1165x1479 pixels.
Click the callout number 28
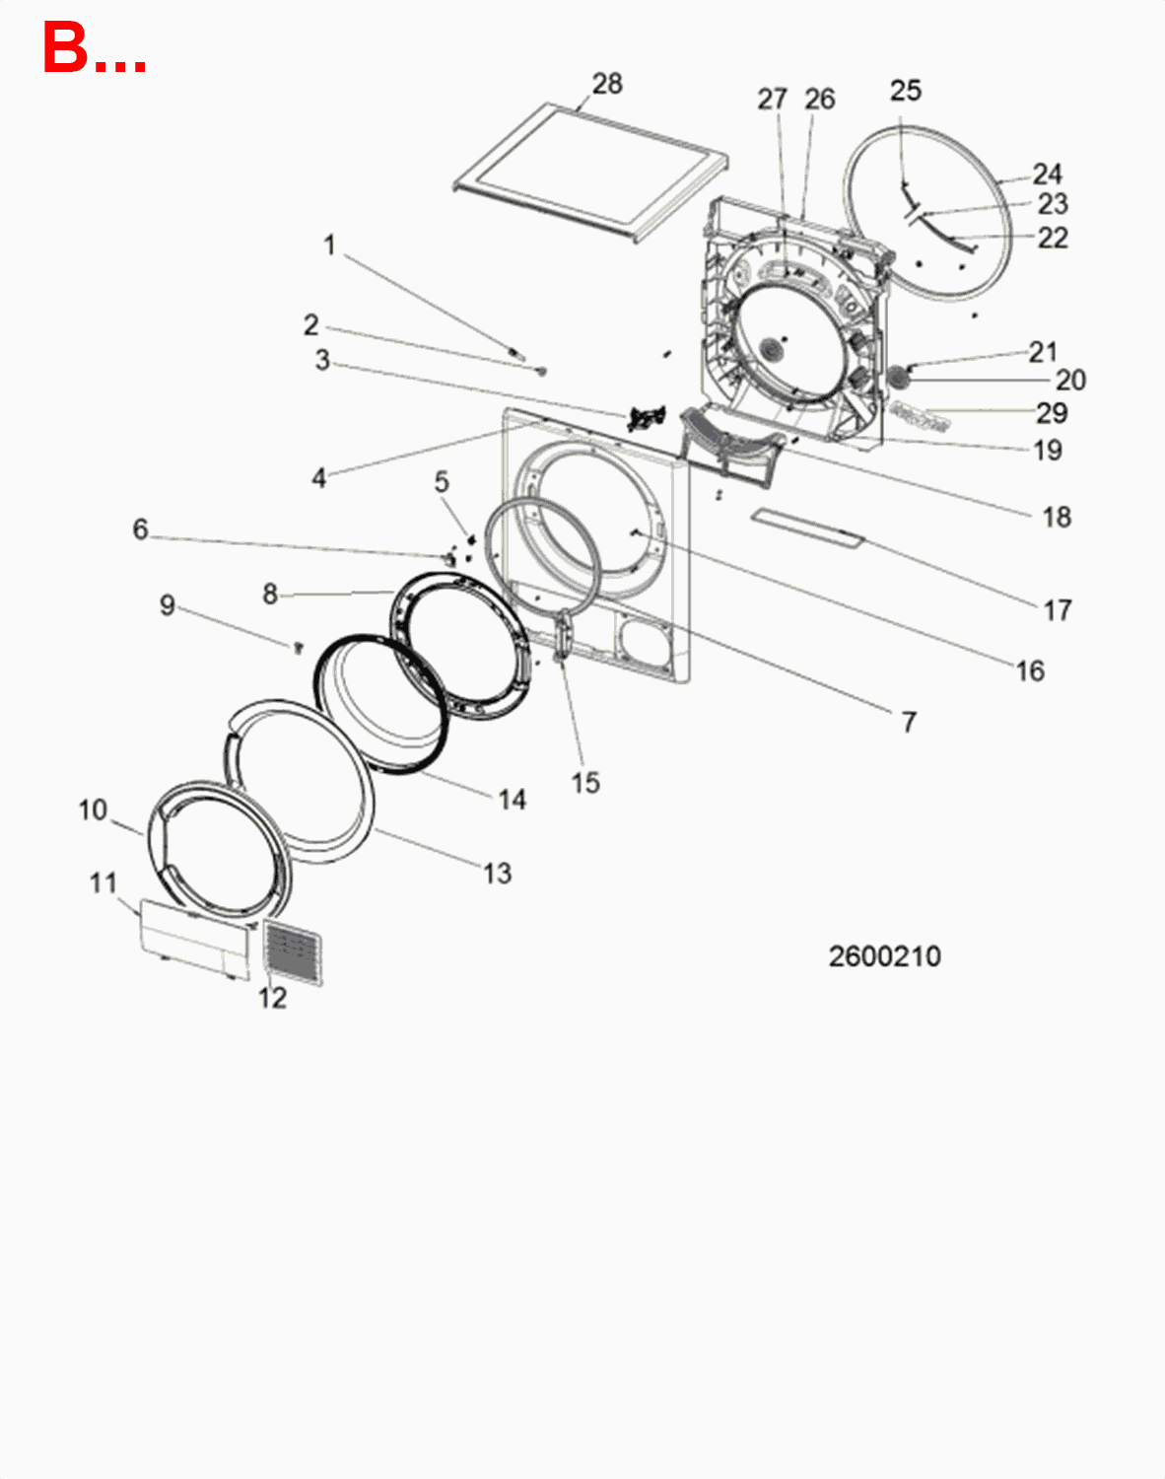point(607,84)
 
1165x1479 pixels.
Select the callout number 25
point(905,91)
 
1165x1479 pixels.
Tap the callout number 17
point(1057,610)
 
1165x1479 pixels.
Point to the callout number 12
point(272,998)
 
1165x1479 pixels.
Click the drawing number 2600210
point(884,955)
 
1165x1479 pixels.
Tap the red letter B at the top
point(65,47)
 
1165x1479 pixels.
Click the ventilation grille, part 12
point(293,953)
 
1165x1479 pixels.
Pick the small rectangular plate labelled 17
point(806,528)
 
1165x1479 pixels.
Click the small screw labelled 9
point(297,647)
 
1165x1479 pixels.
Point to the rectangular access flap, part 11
point(193,938)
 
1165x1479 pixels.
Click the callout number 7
point(909,722)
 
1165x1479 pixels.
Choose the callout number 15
point(585,783)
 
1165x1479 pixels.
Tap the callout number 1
point(330,245)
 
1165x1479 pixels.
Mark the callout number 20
point(1070,380)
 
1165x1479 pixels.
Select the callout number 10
point(93,810)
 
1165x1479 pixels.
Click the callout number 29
point(1052,412)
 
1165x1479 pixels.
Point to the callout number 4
point(318,478)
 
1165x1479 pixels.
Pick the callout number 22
point(1052,238)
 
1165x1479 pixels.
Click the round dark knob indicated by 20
point(898,377)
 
